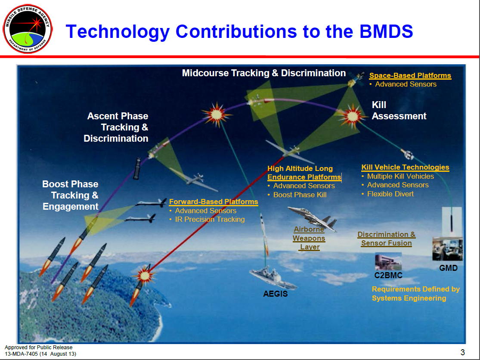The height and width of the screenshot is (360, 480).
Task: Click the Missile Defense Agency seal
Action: click(28, 29)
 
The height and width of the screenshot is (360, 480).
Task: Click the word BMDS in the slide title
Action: click(386, 31)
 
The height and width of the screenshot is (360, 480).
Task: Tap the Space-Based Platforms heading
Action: click(410, 76)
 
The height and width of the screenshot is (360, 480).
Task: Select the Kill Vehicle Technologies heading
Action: click(405, 168)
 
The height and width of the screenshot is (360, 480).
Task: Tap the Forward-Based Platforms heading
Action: click(214, 202)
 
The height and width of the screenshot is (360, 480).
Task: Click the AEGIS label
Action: click(276, 294)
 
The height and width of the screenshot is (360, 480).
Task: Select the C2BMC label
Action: click(388, 276)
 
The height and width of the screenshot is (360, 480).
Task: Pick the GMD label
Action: click(448, 268)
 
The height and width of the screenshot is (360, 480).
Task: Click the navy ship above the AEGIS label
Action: click(273, 278)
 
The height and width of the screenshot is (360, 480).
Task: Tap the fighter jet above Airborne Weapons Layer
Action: click(313, 218)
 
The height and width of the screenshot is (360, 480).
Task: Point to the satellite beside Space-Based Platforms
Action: click(356, 79)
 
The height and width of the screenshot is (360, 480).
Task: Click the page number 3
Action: click(462, 352)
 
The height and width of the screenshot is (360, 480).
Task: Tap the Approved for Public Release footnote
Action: click(39, 348)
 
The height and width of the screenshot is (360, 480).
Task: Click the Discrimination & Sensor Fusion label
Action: click(386, 239)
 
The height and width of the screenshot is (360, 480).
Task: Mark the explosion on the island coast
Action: click(145, 275)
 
